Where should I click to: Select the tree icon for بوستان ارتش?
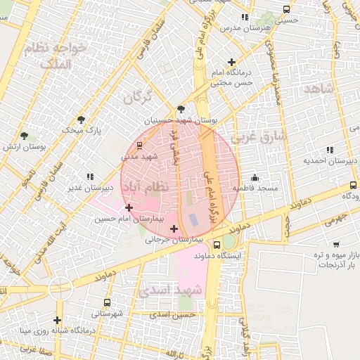pos(25,135)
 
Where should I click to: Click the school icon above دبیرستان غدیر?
pos(89,176)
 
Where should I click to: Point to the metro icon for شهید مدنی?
pos(139,145)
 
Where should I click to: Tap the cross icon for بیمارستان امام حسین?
pos(128,207)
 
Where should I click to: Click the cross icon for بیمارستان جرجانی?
pos(174,229)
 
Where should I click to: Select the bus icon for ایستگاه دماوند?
pos(217,245)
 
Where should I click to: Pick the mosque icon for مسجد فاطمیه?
pos(254,177)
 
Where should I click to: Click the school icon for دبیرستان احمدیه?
pos(330,150)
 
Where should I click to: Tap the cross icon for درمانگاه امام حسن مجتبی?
pos(231,63)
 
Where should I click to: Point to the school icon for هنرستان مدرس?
pos(244,17)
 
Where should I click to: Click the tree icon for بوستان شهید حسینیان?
pos(181,109)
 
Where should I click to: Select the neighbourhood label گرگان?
pos(138,98)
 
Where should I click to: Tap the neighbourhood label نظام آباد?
pos(146,188)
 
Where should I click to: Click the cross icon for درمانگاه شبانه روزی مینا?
pos(58,321)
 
